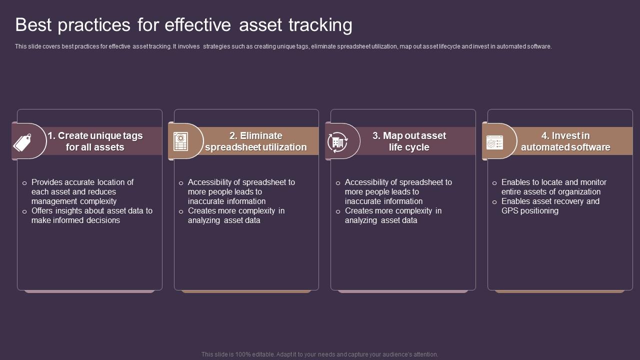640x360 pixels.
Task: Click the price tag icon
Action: pos(22,142)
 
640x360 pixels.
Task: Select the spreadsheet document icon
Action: pos(180,141)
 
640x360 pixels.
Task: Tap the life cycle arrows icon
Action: pos(337,142)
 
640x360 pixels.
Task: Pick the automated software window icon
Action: pos(494,142)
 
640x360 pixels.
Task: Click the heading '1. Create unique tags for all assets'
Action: pos(95,141)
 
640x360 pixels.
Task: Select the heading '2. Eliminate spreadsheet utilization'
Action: pos(255,141)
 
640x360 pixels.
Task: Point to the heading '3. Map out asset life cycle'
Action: pos(409,141)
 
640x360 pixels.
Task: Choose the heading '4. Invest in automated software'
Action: pos(565,141)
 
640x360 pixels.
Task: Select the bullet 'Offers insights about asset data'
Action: pos(91,215)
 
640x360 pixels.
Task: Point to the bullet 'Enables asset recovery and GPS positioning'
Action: pos(550,206)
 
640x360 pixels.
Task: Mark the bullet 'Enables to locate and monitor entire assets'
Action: pos(553,187)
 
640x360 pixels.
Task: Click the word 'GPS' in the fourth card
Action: pos(512,211)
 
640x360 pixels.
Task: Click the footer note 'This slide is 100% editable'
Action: pos(319,354)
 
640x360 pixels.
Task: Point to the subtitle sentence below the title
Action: pos(283,46)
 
